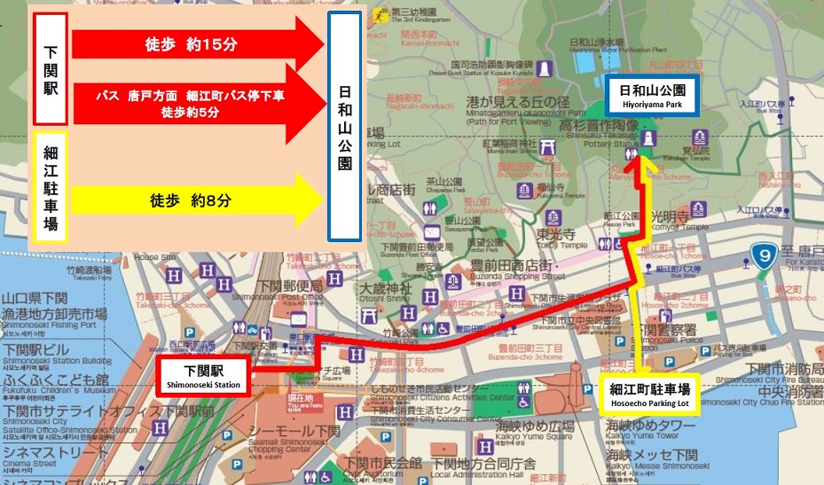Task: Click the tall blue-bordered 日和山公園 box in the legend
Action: (345, 127)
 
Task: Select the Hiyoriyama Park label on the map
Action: (652, 96)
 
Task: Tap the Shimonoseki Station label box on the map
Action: (202, 374)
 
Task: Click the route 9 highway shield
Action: (762, 255)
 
